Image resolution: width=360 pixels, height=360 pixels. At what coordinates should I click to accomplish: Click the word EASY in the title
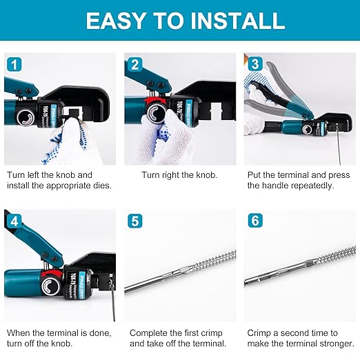click(x=118, y=20)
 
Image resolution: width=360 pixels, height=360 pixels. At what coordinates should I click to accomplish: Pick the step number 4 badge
click(x=14, y=221)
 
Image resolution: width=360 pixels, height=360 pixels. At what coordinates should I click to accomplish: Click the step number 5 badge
click(x=134, y=221)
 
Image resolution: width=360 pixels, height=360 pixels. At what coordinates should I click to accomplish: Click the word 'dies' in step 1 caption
click(x=100, y=186)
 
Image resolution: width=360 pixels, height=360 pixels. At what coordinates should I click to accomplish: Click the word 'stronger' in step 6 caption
click(x=334, y=343)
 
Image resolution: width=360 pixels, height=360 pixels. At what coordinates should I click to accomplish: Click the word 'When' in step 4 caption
click(x=18, y=332)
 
